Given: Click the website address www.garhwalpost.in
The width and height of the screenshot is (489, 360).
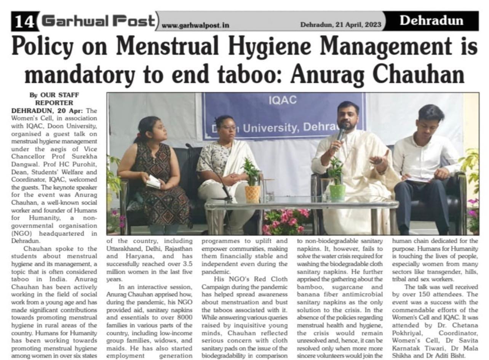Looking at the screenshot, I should pos(195,25).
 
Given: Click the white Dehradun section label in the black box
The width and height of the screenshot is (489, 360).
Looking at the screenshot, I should pos(431,21).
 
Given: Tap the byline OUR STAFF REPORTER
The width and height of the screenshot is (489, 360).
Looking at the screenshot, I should pos(54,99).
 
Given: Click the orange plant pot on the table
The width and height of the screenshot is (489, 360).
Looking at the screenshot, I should pos(252,194).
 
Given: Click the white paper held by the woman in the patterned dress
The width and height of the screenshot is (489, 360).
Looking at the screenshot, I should pos(153,182).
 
